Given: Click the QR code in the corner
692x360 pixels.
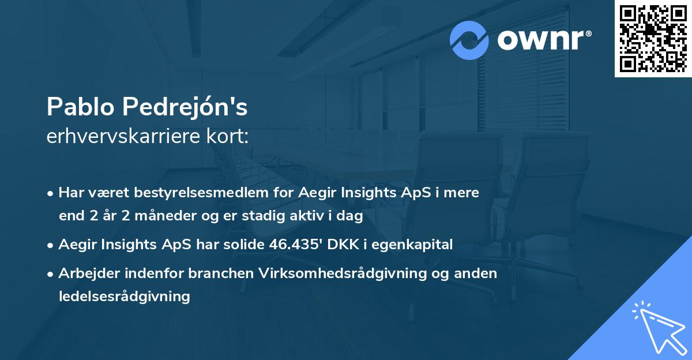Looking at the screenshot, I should point(653,39).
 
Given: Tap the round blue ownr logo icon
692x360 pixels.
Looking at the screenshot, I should point(469,40).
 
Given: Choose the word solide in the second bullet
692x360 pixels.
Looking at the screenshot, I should point(245,245).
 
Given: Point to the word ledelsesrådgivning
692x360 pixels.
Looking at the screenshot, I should point(124,297).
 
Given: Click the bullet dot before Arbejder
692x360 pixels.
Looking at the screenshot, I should point(51,273).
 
